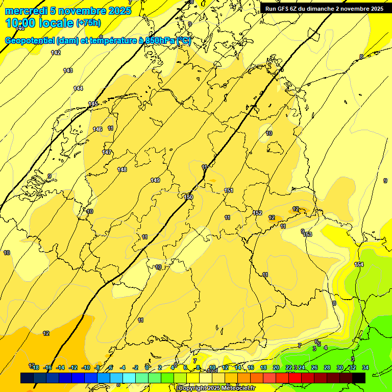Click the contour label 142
click(56, 53)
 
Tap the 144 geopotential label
click(78, 88)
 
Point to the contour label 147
click(106, 152)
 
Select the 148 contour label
click(121, 169)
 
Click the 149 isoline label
click(155, 180)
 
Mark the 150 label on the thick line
click(188, 197)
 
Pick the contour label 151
click(229, 190)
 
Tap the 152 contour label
click(257, 213)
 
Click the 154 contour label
click(359, 264)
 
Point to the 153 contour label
click(307, 234)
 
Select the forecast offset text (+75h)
click(88, 23)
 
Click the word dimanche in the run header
click(316, 9)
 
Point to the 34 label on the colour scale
click(365, 367)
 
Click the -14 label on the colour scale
click(60, 367)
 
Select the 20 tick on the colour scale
click(276, 367)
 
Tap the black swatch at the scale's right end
click(359, 378)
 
